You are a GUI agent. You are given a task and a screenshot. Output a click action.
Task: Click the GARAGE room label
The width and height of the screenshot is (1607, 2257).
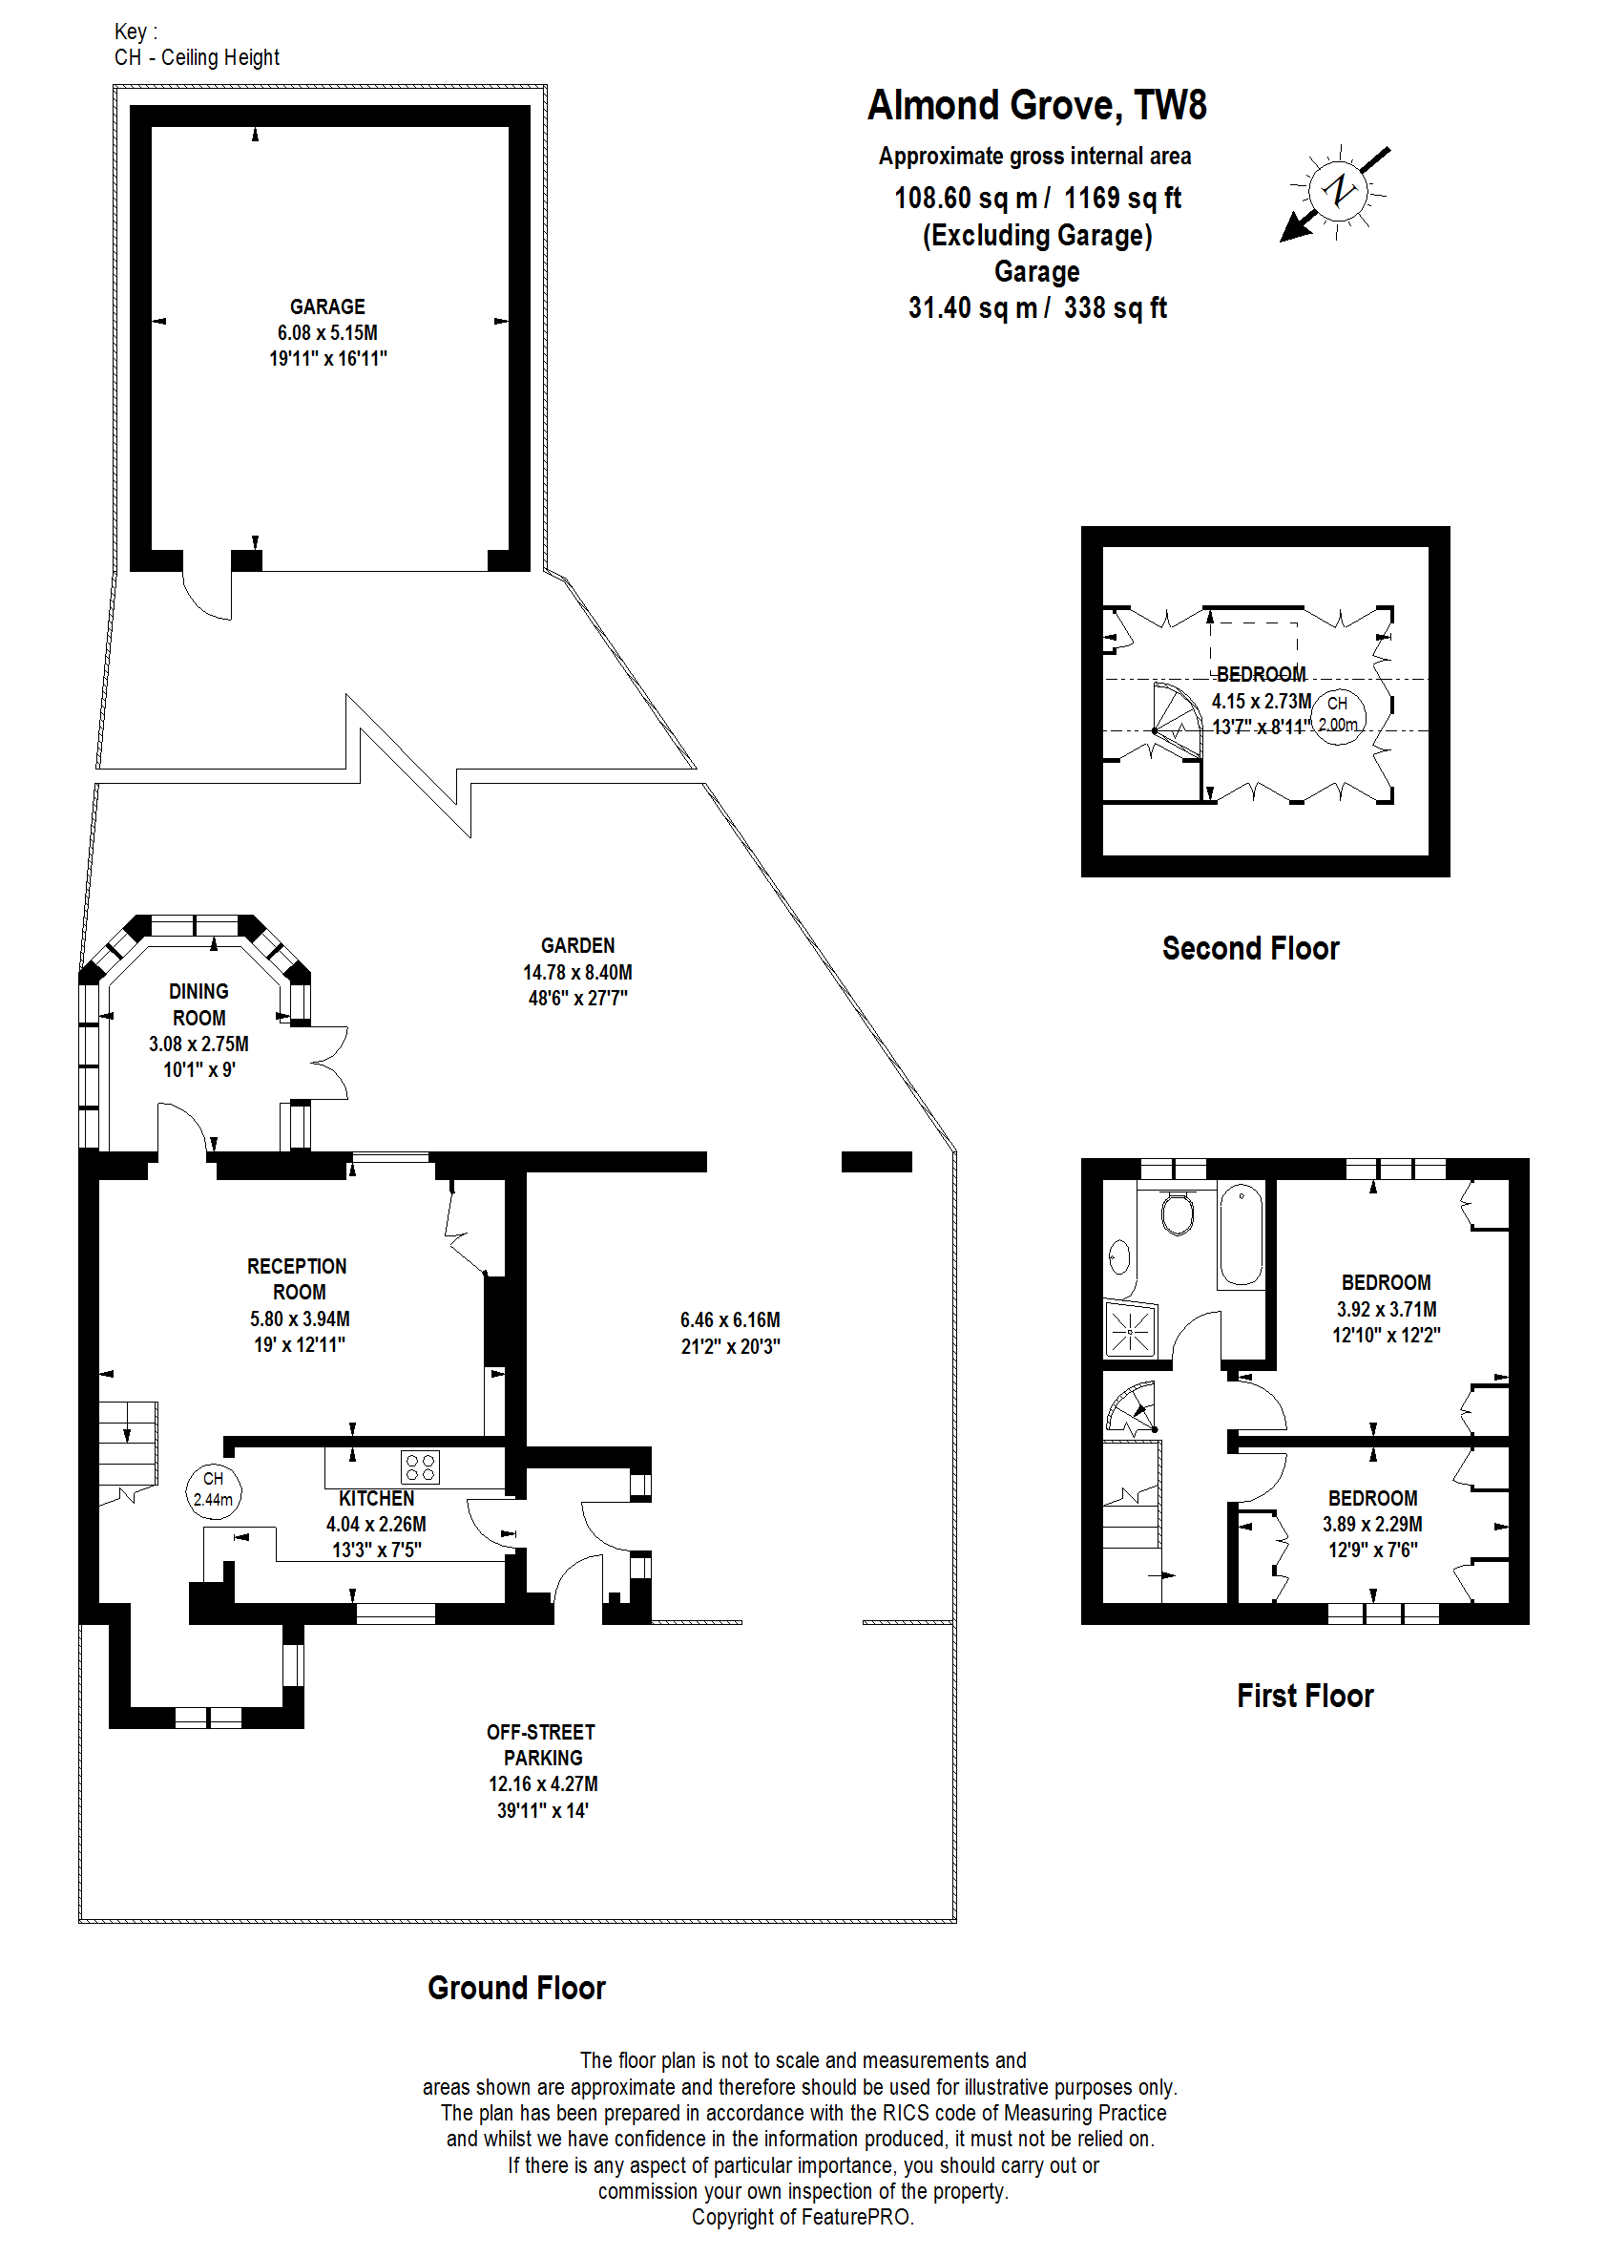(327, 306)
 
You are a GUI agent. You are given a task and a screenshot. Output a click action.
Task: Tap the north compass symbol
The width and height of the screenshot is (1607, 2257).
(1338, 190)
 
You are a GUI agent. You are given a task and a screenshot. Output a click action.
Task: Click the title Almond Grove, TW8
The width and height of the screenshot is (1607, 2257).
(1037, 105)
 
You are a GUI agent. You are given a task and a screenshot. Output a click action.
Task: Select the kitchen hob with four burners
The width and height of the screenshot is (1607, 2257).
(421, 1467)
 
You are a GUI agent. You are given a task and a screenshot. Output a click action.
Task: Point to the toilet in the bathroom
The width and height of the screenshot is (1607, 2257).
(1178, 1213)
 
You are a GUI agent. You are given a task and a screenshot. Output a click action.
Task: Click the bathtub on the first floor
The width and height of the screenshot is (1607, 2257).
(1242, 1235)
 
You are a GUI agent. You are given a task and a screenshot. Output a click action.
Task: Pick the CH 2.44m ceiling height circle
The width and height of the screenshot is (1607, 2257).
(213, 1488)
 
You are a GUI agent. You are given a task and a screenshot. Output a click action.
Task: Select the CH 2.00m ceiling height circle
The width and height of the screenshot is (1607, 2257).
(1338, 715)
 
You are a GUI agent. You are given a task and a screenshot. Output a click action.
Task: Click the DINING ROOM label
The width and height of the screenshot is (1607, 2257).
(198, 1004)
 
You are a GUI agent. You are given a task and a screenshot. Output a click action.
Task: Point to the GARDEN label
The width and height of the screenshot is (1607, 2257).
(578, 945)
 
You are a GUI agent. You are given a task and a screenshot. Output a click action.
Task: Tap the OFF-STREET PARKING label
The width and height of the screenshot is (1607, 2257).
(541, 1745)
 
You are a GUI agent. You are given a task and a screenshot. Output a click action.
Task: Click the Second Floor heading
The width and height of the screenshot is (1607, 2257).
(1251, 948)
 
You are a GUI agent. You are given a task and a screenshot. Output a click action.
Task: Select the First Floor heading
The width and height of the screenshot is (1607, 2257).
(1305, 1696)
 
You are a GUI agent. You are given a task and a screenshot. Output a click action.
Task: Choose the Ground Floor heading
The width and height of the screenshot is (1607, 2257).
(516, 1988)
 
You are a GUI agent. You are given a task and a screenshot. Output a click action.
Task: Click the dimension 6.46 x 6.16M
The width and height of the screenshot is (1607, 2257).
(730, 1319)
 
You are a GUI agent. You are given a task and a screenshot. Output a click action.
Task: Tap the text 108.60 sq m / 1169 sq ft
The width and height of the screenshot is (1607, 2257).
(1037, 198)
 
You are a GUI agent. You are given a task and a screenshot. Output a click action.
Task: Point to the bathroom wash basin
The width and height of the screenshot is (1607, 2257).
(1119, 1257)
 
